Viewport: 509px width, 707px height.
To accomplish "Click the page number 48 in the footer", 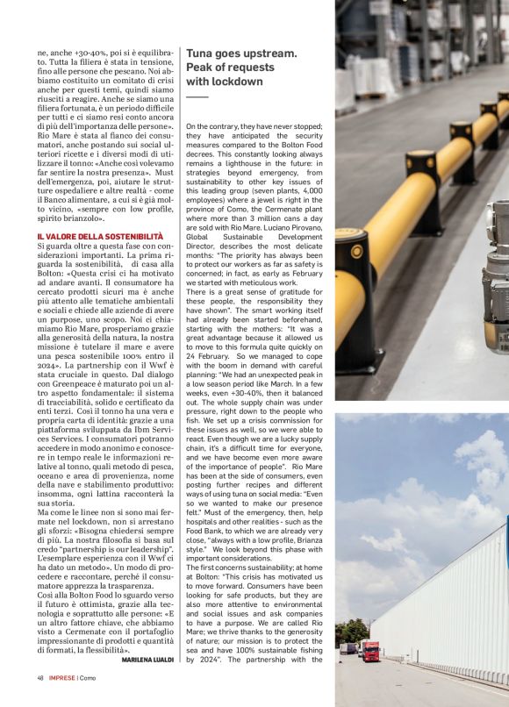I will tap(40, 677).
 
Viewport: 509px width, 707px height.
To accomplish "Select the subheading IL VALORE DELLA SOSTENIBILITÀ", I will tap(100, 238).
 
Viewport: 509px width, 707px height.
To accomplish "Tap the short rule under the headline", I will tap(197, 96).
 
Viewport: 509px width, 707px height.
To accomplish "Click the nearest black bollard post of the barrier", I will tap(355, 298).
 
